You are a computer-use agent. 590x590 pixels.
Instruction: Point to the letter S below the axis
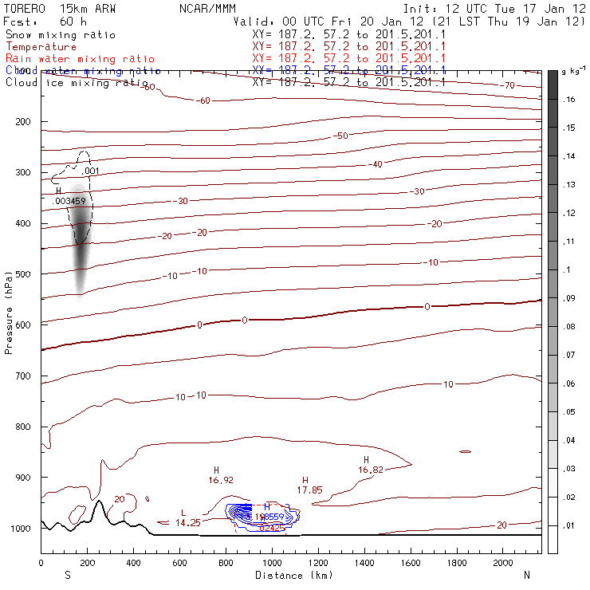click(x=67, y=575)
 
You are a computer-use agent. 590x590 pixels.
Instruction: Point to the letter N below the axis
click(x=526, y=575)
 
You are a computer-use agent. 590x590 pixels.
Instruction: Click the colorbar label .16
click(x=569, y=100)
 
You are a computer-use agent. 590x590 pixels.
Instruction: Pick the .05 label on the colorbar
click(x=569, y=412)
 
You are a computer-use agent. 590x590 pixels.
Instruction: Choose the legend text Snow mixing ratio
click(x=60, y=35)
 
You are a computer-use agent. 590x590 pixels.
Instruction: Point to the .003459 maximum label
click(x=68, y=201)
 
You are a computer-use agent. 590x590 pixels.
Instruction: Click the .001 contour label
click(x=90, y=171)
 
